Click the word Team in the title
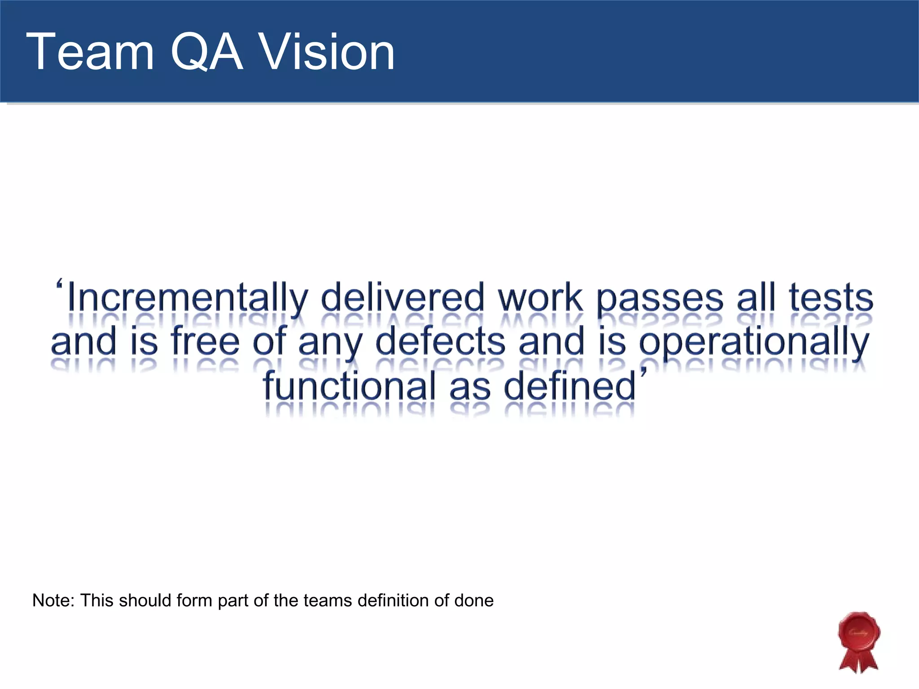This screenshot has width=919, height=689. [x=90, y=53]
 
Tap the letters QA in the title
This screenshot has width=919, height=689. [x=206, y=53]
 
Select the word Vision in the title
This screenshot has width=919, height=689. [x=327, y=53]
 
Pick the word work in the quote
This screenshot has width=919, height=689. [x=540, y=298]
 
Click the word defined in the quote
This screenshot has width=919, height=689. [x=570, y=387]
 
